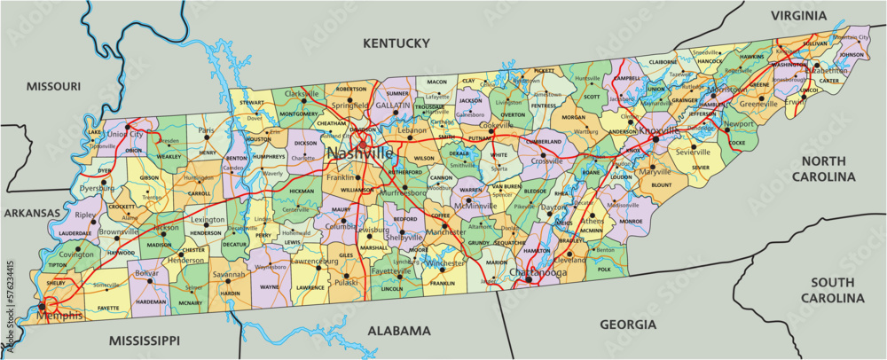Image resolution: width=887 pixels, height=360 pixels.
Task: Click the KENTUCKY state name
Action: (396, 43)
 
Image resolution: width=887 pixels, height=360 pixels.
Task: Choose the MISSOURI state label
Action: (53, 86)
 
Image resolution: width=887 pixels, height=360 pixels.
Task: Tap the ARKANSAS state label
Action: (30, 214)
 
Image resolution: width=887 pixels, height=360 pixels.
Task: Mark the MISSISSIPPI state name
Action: (145, 340)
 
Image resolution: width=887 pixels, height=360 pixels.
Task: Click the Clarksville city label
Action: (302, 93)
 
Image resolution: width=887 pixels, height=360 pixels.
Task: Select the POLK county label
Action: (605, 269)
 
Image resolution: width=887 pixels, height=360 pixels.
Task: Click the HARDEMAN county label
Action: (151, 301)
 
